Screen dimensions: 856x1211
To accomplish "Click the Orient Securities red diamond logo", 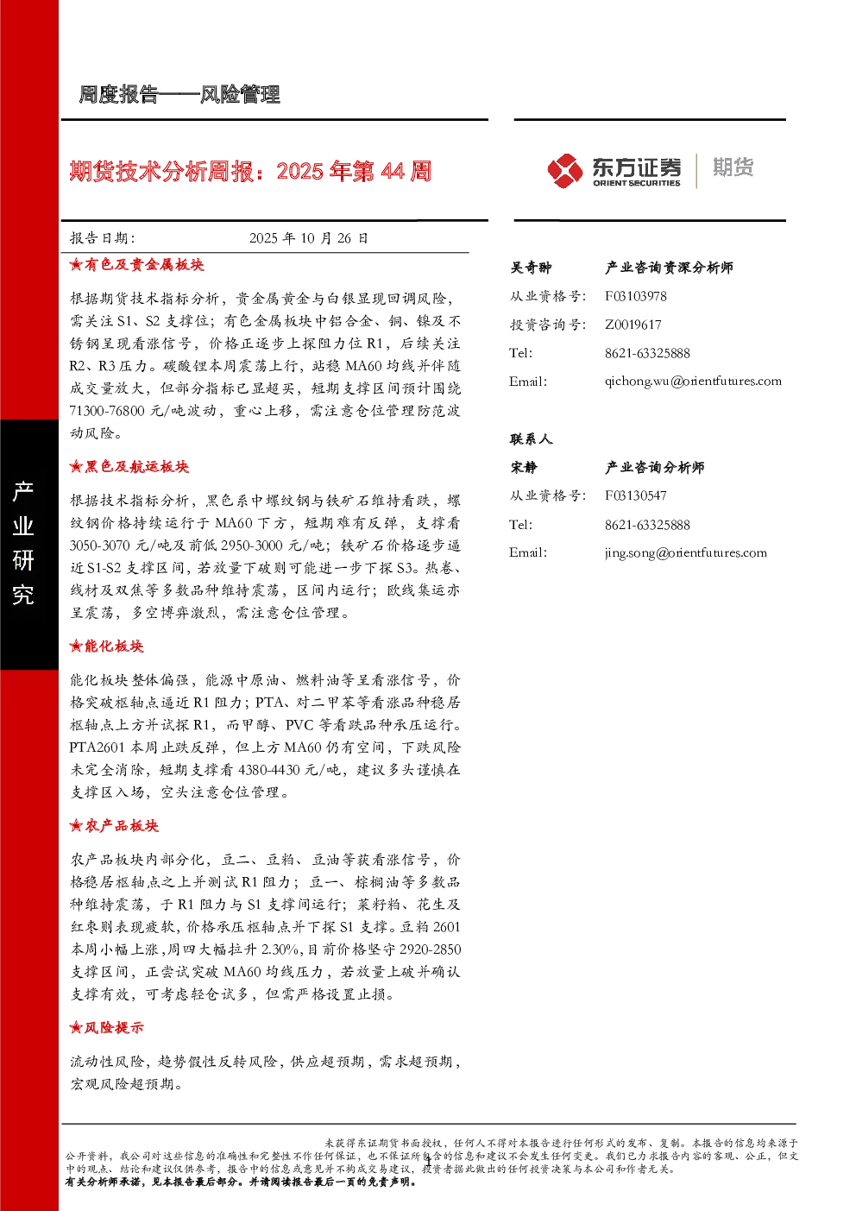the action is tap(564, 171).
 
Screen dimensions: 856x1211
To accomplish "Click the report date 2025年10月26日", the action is tap(309, 238).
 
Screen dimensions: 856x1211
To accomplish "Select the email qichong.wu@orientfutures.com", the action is tap(693, 382).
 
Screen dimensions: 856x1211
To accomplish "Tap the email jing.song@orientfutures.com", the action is tap(686, 552).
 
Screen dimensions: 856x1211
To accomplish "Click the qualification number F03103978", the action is tap(635, 296).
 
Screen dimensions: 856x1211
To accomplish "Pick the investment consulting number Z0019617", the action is tap(633, 325).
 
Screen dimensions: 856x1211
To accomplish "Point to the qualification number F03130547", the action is tap(635, 495).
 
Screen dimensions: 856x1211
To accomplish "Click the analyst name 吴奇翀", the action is tap(532, 268).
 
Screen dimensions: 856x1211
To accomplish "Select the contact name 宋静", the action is tap(524, 467).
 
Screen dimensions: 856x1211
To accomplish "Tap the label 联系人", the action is tap(532, 438).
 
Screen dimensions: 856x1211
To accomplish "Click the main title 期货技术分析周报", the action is tap(161, 172).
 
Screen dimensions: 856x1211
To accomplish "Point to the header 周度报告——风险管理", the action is tap(179, 95).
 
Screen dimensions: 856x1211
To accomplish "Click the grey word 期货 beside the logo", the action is tap(733, 167).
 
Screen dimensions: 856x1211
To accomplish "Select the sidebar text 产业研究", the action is tap(23, 543).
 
